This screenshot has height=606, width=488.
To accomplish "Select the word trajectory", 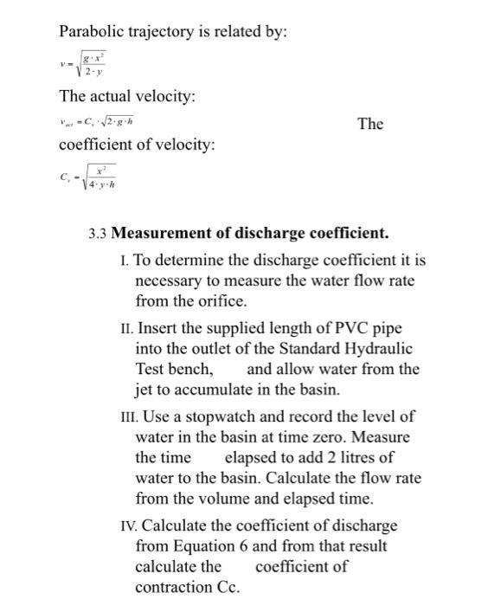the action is pyautogui.click(x=163, y=32).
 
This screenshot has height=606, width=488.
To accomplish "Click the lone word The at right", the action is pyautogui.click(x=369, y=124).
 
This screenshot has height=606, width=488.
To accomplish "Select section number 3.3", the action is pyautogui.click(x=98, y=234).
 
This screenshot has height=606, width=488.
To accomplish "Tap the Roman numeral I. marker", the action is pyautogui.click(x=125, y=260).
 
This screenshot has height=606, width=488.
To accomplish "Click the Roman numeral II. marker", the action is pyautogui.click(x=127, y=329).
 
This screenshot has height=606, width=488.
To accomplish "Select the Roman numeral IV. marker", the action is pyautogui.click(x=129, y=525).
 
